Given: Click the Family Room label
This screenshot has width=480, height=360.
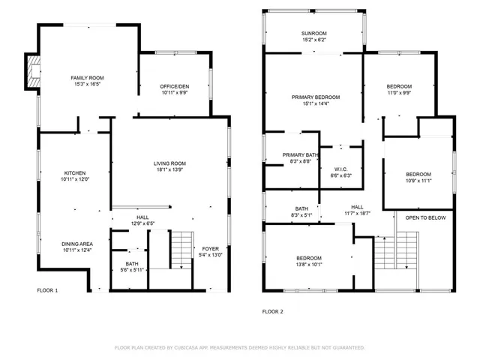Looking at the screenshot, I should coord(86,78).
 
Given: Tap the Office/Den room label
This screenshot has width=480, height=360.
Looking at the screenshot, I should coord(174,88).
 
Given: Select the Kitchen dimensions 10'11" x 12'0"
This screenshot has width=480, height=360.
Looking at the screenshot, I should coord(74,179).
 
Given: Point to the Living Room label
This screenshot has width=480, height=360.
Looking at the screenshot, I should coord(169,163).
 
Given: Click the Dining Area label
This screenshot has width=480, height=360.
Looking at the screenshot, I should coord(77,244).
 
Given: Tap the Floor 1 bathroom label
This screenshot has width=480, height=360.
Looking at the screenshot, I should coord(131,264).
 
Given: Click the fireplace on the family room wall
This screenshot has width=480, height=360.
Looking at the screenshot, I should coord(34,70).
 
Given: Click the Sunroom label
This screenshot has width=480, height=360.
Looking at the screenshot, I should coord(314,33).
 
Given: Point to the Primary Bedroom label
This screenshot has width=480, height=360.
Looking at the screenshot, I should coord(316,97).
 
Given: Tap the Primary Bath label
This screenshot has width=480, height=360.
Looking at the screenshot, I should coord(301,155).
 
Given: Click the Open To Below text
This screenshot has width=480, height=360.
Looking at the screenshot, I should coord(426,217).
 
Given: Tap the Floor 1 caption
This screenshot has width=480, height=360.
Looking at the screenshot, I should coord(47,289).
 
